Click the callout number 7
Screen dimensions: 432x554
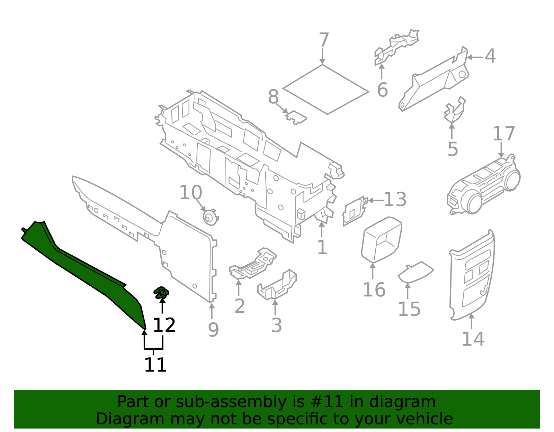[x=323, y=40]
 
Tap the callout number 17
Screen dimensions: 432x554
[x=504, y=134]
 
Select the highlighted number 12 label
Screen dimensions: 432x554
[x=164, y=325]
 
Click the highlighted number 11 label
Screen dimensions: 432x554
[x=155, y=365]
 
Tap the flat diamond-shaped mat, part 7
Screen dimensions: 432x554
[x=325, y=89]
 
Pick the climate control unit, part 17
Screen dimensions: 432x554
[x=485, y=187]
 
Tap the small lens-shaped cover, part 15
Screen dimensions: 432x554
[x=415, y=272]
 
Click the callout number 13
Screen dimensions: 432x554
[x=395, y=200]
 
